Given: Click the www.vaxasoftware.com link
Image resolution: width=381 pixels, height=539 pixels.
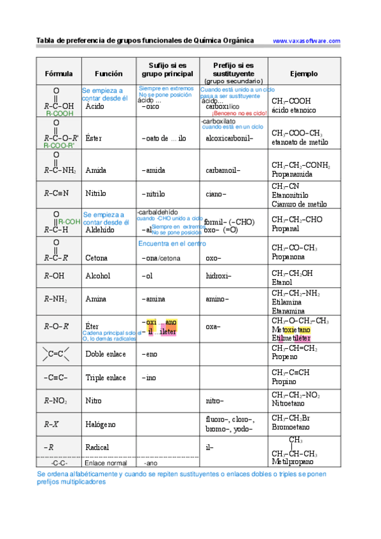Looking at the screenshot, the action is [x=307, y=41].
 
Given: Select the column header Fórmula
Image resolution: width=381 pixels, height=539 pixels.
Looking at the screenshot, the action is [x=59, y=74].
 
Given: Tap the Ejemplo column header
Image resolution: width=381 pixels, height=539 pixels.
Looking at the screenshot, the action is [x=303, y=74].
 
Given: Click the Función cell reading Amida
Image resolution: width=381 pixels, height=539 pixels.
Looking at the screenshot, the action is [x=95, y=171].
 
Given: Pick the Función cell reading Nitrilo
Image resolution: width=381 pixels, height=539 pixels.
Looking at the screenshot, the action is [x=95, y=193].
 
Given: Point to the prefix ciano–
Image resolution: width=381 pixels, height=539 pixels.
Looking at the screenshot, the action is [x=216, y=193].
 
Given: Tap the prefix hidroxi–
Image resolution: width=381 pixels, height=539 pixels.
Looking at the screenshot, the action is [x=218, y=276].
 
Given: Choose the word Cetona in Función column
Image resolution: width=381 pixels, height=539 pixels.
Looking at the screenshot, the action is [x=96, y=258].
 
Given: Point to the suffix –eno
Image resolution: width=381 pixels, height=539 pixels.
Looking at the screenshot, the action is [x=149, y=354].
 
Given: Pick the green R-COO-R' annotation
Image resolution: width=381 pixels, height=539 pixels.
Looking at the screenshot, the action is [x=59, y=146].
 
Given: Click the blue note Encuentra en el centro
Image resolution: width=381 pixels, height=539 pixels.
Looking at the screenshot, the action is [x=172, y=243].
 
